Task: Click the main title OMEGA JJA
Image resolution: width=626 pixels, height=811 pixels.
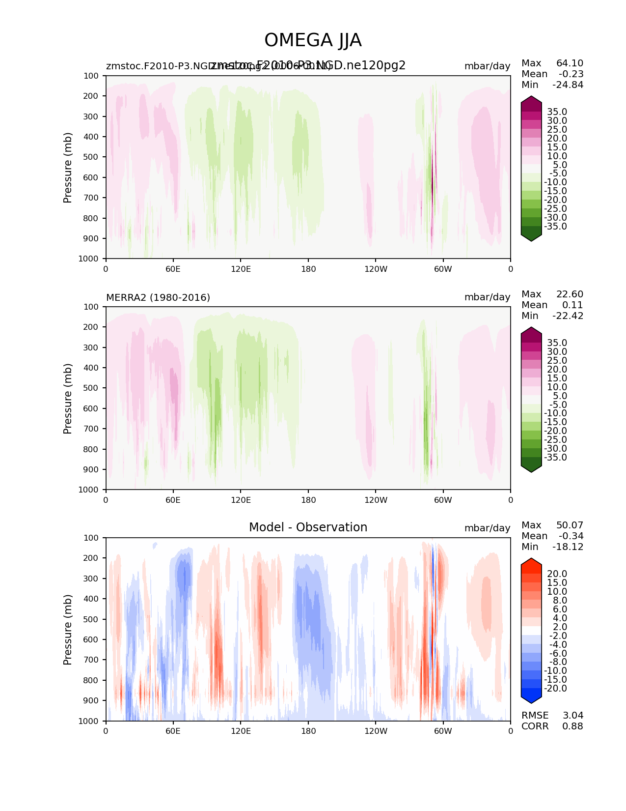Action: [313, 40]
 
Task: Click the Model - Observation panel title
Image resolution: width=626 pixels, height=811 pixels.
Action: [308, 527]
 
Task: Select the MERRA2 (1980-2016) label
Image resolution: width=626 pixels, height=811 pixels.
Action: [158, 297]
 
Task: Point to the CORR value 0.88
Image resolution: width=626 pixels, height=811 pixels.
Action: [572, 726]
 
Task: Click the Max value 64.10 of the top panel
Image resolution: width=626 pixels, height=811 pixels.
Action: [570, 63]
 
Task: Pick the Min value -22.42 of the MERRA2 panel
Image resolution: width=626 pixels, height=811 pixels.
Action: [568, 316]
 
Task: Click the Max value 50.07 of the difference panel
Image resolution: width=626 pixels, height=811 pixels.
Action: [570, 525]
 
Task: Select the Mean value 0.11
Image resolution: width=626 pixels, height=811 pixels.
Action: [572, 305]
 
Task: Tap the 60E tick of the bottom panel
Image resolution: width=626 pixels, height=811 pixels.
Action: [173, 731]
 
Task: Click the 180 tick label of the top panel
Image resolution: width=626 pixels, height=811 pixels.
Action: [308, 269]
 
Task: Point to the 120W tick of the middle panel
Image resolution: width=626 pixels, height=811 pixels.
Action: [376, 500]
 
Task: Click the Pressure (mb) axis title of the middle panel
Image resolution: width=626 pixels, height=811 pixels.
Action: [68, 398]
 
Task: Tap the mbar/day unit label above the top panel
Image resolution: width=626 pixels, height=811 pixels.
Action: [487, 66]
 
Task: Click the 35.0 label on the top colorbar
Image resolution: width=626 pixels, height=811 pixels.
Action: [557, 112]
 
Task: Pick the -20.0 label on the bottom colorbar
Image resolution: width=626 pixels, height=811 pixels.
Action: [555, 688]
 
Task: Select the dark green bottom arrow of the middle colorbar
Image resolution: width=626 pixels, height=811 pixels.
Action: [531, 467]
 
